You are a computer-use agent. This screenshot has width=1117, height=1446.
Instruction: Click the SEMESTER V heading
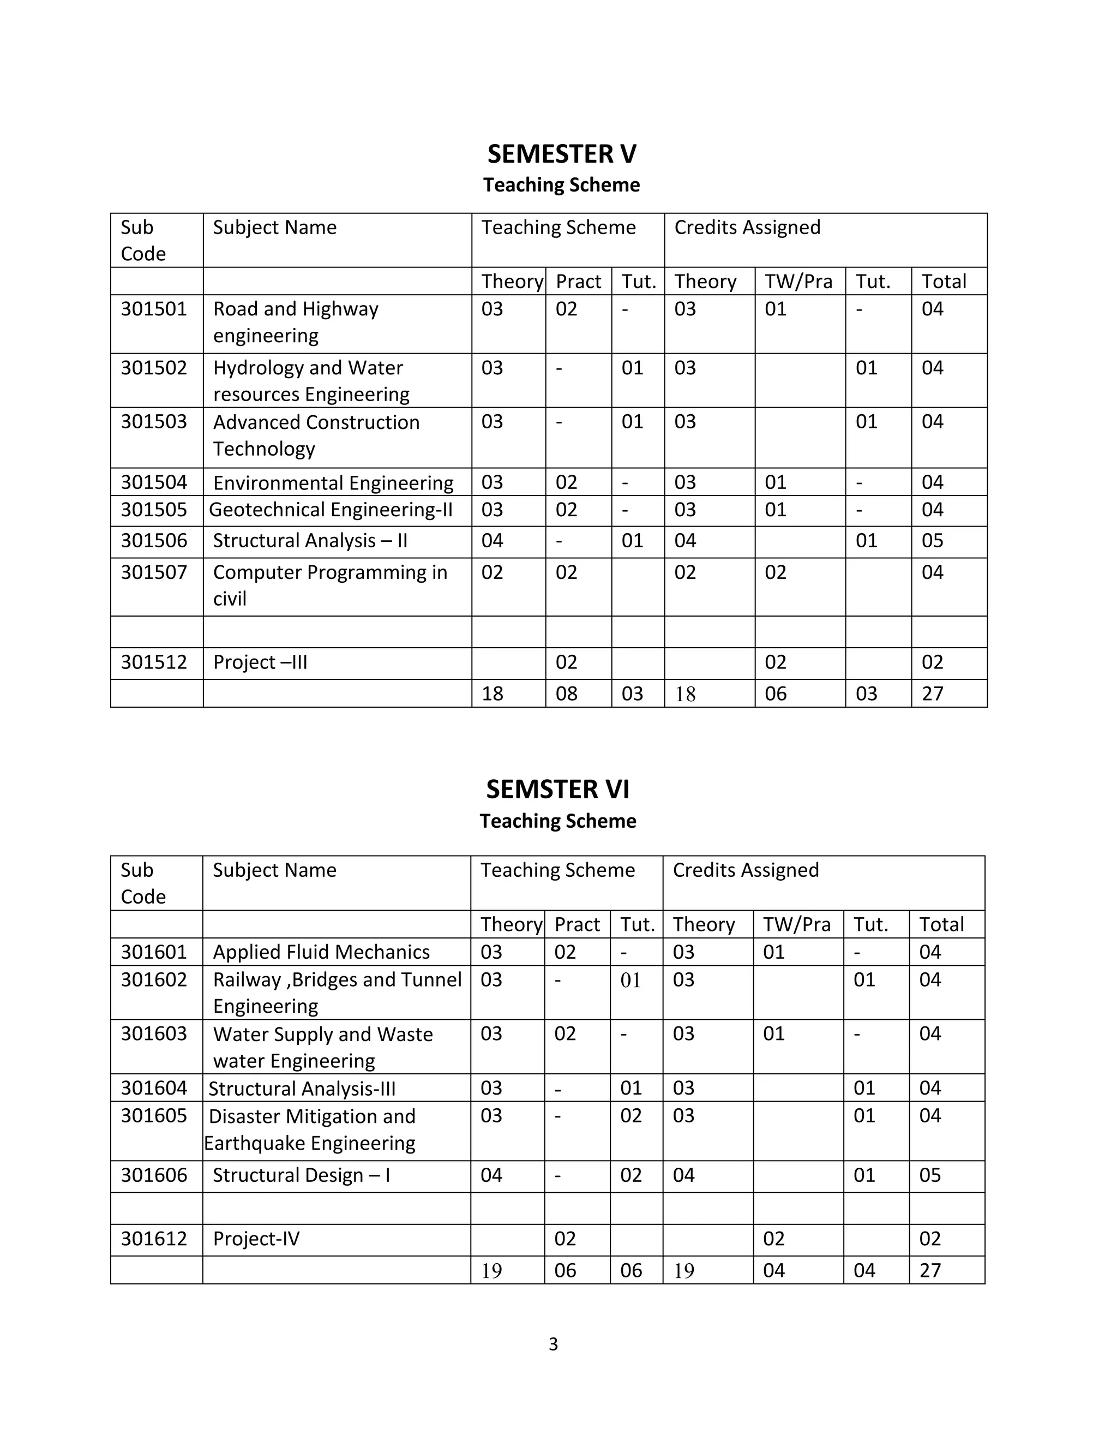pyautogui.click(x=561, y=154)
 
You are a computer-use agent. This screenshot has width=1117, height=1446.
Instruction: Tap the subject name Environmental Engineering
pyautogui.click(x=333, y=483)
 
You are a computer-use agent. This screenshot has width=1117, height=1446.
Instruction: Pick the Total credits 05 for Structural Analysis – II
pyautogui.click(x=932, y=541)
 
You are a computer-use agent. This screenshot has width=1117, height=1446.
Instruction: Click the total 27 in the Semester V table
pyautogui.click(x=932, y=694)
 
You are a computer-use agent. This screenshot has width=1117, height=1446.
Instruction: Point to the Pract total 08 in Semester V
pyautogui.click(x=567, y=694)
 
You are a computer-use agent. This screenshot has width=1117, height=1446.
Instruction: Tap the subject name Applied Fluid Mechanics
pyautogui.click(x=321, y=952)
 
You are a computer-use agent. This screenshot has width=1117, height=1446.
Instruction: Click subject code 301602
pyautogui.click(x=153, y=979)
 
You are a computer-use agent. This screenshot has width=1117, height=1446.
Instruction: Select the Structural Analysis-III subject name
pyautogui.click(x=302, y=1089)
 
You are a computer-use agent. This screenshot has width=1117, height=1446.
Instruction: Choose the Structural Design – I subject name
pyautogui.click(x=301, y=1175)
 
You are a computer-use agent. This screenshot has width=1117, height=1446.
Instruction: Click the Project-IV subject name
pyautogui.click(x=256, y=1239)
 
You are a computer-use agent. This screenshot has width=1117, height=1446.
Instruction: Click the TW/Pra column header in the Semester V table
pyautogui.click(x=798, y=282)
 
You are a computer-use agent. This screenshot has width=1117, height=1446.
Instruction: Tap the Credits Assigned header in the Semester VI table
pyautogui.click(x=746, y=870)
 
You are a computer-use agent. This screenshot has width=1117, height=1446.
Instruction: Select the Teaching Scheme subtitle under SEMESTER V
pyautogui.click(x=561, y=185)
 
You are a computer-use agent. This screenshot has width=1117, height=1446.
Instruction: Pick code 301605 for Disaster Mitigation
pyautogui.click(x=153, y=1116)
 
